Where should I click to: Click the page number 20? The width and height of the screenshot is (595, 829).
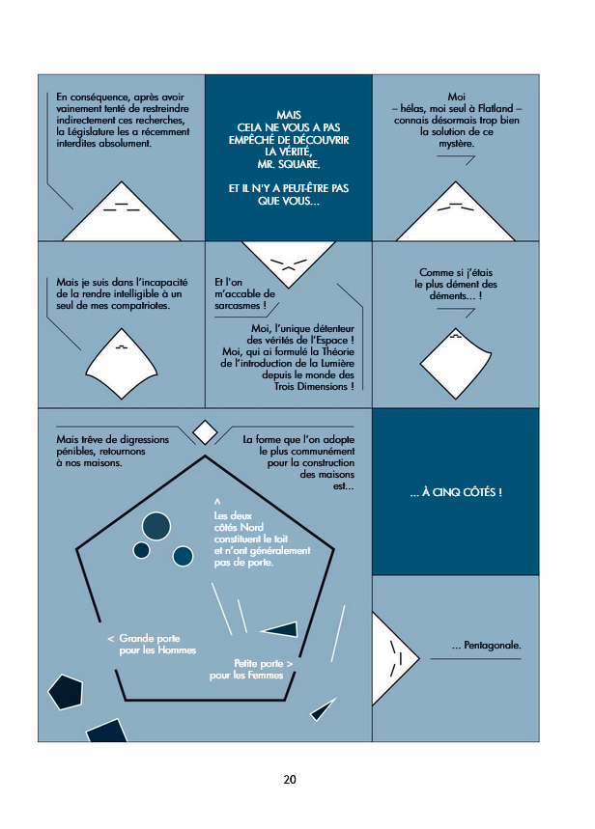point(290,779)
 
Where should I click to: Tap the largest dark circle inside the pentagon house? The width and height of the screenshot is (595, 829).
point(156,527)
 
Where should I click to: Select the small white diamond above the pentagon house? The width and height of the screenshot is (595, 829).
point(205,432)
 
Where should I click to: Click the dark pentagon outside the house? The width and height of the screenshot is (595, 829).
point(66,692)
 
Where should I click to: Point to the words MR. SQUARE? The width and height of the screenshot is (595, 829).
point(289,164)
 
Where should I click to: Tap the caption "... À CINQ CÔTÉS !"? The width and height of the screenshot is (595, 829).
point(456,492)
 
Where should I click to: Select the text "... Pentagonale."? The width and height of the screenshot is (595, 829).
point(486,645)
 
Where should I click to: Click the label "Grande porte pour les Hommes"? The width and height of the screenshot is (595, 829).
point(153,644)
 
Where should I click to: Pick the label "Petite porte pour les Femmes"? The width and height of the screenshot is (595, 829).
point(251,670)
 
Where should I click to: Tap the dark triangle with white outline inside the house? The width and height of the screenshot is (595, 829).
point(279,628)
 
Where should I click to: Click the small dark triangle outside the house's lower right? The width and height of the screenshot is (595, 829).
point(323,709)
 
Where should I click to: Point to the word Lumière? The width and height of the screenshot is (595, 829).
point(337,363)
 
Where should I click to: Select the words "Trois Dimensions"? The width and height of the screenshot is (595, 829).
point(311,386)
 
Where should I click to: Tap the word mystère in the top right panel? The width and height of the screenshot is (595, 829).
point(456,143)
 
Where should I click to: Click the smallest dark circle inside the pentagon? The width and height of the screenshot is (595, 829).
point(141,550)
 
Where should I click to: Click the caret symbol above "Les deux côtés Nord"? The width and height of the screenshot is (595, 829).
point(217,501)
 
